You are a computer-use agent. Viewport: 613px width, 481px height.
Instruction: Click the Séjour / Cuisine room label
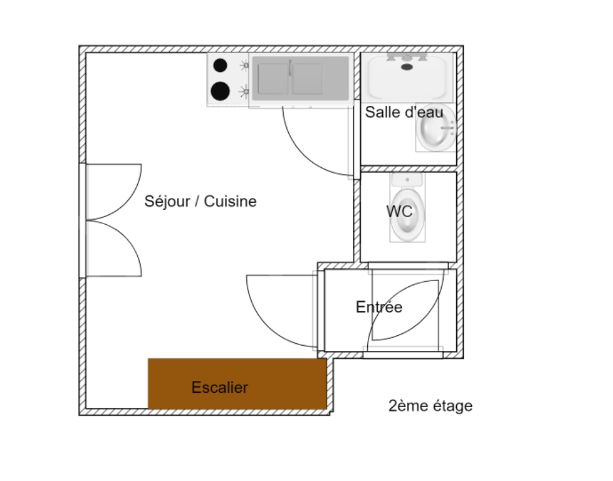pos(200,202)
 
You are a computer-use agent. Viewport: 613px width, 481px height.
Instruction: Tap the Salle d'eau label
pos(404,112)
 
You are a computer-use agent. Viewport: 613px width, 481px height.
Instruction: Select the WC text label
pos(399,212)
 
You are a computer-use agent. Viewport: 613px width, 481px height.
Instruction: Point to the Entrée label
pos(379,307)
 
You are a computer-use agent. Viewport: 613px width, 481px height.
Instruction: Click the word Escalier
pos(220,388)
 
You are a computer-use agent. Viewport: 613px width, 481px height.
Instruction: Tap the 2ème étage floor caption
pos(431,406)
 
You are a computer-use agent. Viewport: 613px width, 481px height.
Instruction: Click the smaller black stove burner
pos(220,65)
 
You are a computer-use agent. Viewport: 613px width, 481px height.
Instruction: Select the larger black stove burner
pos(220,91)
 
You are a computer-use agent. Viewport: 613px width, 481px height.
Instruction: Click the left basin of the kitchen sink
pos(273,78)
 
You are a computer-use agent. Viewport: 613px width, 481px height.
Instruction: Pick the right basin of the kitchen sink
pos(308,78)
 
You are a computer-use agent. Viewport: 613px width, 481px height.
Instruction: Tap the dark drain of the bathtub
pos(407,67)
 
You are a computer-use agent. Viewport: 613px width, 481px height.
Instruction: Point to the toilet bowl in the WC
pos(407,215)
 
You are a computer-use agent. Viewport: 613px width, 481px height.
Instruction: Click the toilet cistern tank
pos(407,180)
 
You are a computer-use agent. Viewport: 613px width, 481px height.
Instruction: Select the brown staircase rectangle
pos(237,384)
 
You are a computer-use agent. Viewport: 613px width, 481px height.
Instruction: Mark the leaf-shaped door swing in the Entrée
pos(406,310)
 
